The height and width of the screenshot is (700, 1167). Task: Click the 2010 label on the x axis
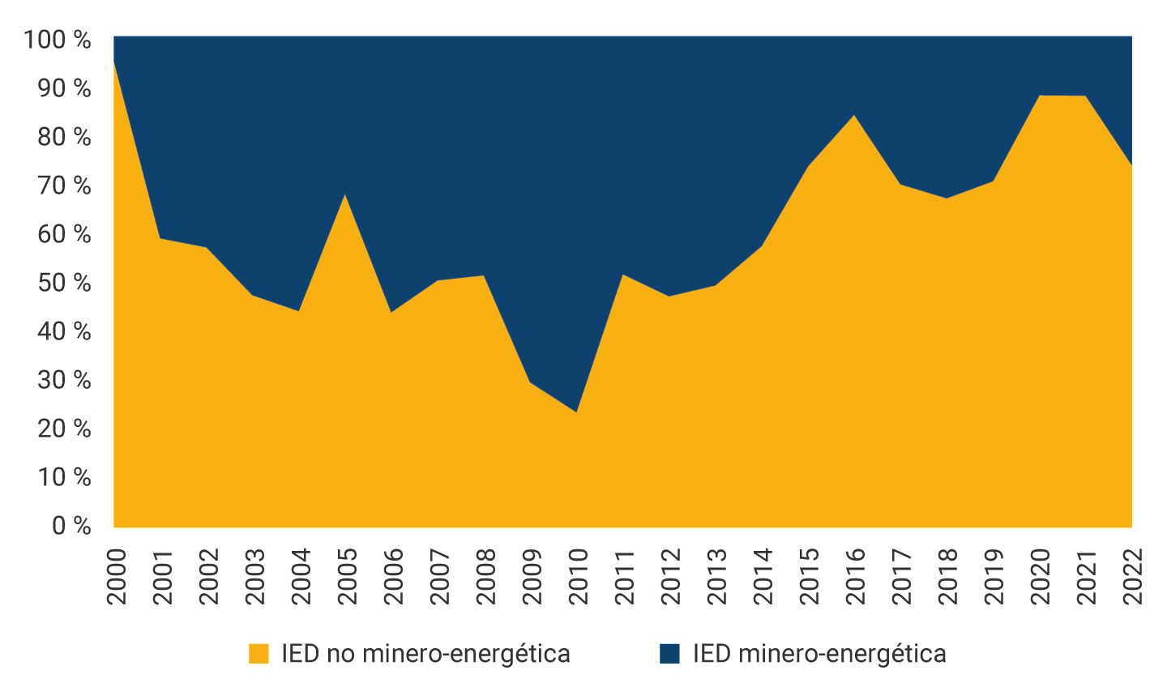coord(578,576)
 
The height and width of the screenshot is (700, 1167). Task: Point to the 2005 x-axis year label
coord(347,576)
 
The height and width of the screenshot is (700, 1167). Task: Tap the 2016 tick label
coord(855,576)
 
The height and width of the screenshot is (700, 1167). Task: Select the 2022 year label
coord(1132,576)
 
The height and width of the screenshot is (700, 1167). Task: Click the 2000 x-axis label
coord(116,576)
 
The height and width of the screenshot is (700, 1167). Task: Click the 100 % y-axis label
coord(58,40)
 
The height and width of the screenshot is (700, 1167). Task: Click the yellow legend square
coord(259,654)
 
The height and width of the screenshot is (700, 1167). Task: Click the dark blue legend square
coord(669,654)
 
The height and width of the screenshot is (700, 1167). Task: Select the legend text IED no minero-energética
coord(425,654)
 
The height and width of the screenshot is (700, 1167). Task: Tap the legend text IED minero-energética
coord(819,654)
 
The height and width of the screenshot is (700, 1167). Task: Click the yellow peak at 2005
coord(345,194)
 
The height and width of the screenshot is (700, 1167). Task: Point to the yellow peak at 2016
coord(854,115)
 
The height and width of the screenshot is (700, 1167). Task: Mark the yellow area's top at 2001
coord(160,238)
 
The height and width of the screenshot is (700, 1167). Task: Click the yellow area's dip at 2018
coord(947,198)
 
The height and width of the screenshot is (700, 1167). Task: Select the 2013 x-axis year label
coord(716,576)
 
